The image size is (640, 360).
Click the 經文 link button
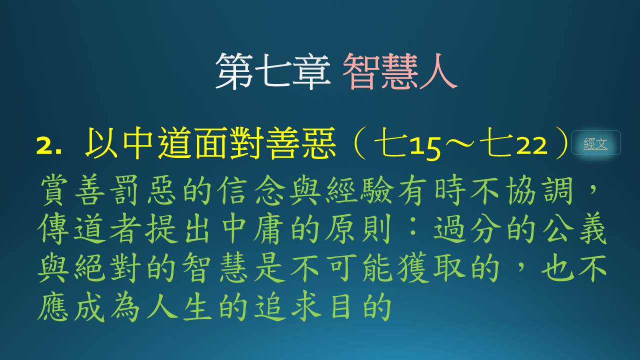[x=596, y=143]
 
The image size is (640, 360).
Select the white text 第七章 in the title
[x=273, y=71]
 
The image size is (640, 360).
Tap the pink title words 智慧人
[x=399, y=71]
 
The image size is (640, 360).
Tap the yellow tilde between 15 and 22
[x=459, y=143]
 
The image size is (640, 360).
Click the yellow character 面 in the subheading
[x=211, y=143]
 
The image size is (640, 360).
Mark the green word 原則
[x=358, y=228]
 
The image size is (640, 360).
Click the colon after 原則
[x=412, y=228]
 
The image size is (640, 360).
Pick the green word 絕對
[x=107, y=268]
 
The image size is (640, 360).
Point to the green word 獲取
[x=430, y=268]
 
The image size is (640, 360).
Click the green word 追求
[x=287, y=307]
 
